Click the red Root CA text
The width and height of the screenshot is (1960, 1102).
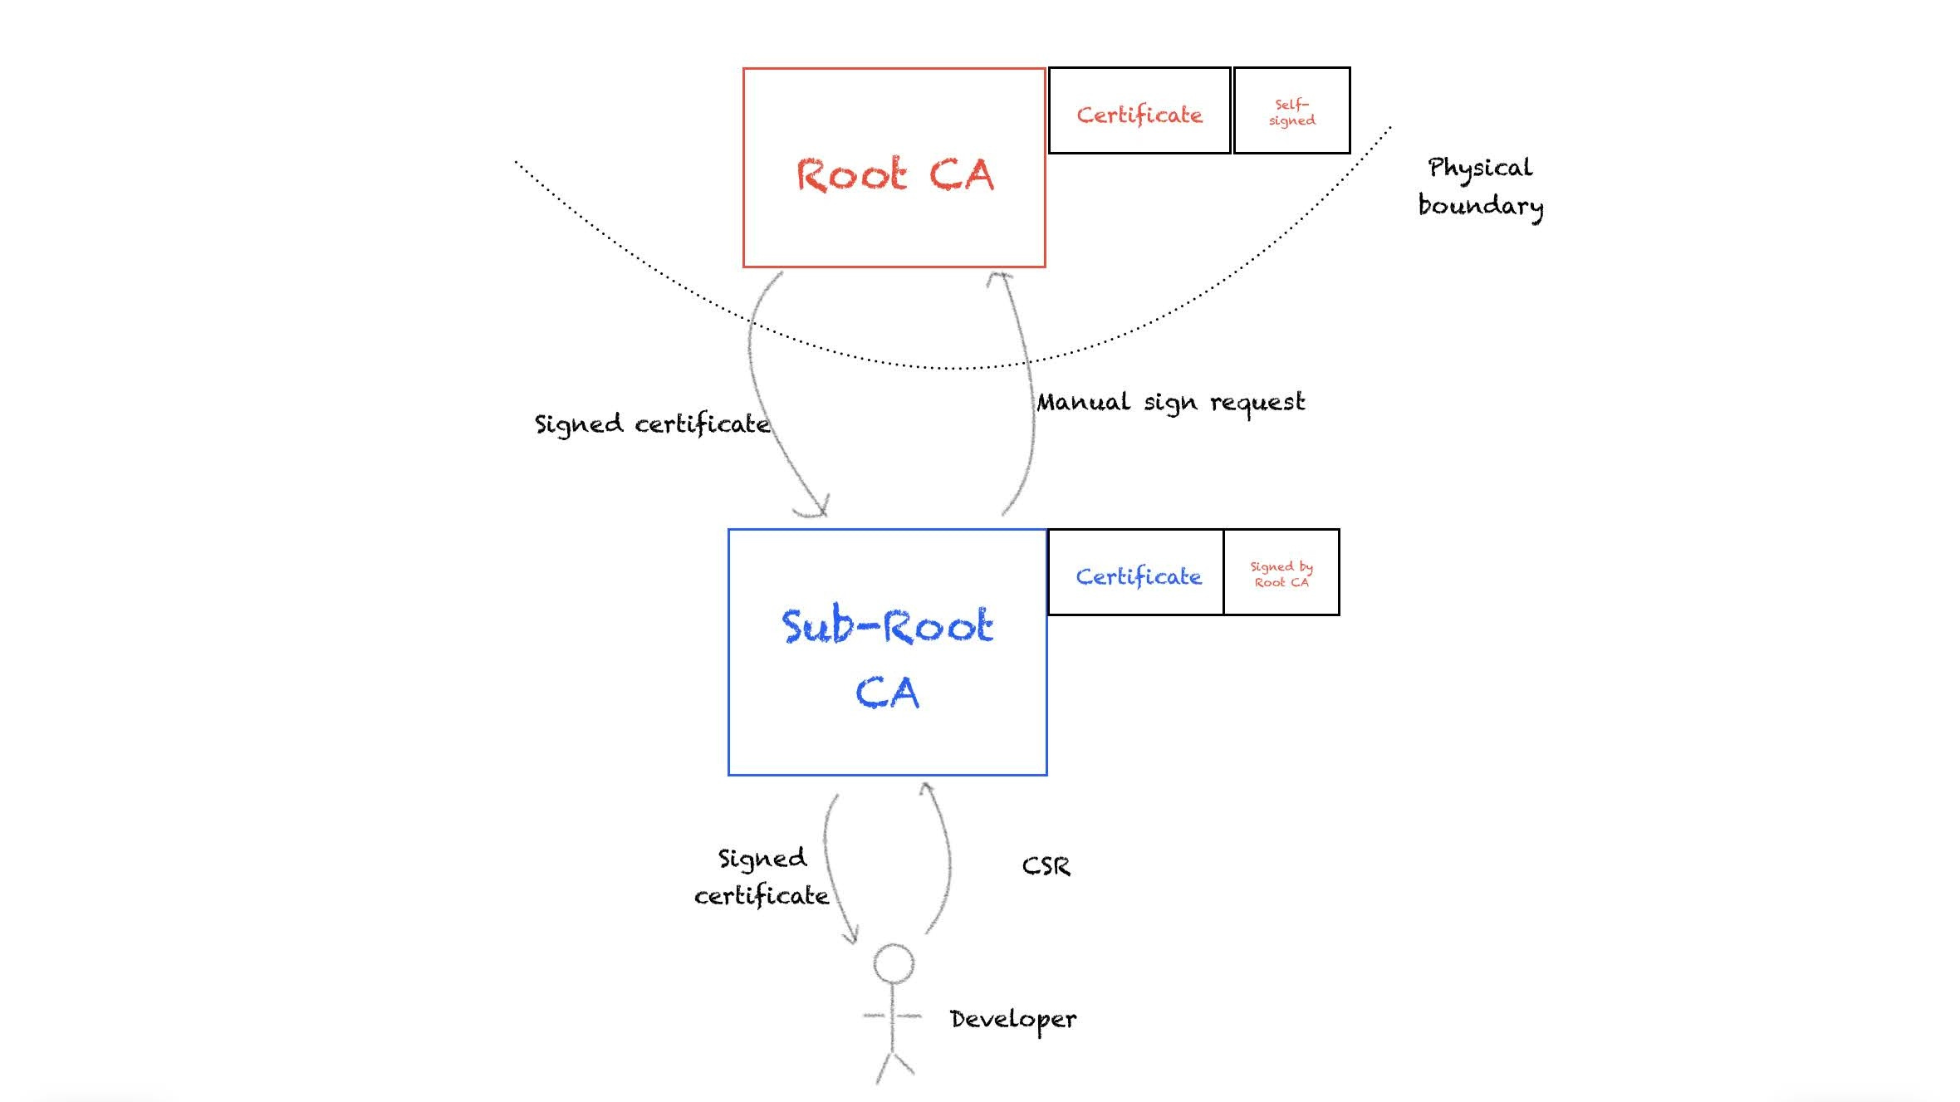click(894, 174)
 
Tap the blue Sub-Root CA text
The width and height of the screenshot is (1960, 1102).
click(887, 658)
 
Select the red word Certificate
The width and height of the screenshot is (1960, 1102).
click(1139, 115)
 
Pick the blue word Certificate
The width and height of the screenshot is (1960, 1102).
click(1138, 576)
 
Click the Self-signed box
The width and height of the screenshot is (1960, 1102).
click(1291, 111)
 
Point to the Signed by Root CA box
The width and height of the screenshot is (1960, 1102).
click(1281, 573)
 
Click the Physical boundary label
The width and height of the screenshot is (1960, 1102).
click(1480, 187)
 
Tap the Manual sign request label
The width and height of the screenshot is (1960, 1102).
click(1170, 403)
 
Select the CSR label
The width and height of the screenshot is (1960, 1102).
click(1046, 866)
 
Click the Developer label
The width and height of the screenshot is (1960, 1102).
click(1012, 1019)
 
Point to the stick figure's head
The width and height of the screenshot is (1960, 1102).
click(894, 963)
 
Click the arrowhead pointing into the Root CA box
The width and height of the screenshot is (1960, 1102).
click(1000, 278)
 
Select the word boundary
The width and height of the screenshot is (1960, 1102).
click(1480, 206)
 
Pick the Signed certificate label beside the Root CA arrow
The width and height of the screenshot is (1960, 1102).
click(652, 424)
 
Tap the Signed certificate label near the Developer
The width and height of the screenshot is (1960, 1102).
click(762, 877)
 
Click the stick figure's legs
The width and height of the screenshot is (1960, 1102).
click(894, 1066)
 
